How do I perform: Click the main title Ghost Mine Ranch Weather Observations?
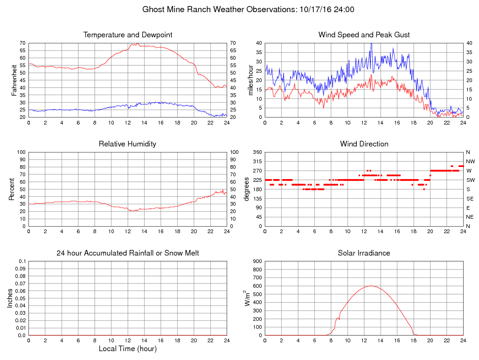click(x=248, y=9)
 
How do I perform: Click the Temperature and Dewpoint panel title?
click(x=128, y=35)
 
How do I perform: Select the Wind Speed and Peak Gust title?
click(x=364, y=35)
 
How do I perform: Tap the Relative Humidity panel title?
click(x=127, y=144)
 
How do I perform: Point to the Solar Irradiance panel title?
click(x=364, y=253)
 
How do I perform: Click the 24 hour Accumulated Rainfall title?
click(x=128, y=253)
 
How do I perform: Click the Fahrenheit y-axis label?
click(x=14, y=80)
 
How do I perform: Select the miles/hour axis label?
click(x=250, y=80)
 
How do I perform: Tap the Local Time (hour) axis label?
click(x=128, y=348)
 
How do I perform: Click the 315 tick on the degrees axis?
click(x=256, y=161)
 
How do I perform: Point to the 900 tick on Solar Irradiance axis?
click(x=256, y=261)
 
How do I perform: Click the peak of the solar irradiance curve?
click(x=371, y=286)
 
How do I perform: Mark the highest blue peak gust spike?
click(x=371, y=43)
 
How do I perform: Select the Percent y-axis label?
click(x=11, y=189)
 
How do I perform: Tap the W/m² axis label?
click(x=248, y=298)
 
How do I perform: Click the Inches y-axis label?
click(x=10, y=298)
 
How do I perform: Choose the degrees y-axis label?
click(x=247, y=189)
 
